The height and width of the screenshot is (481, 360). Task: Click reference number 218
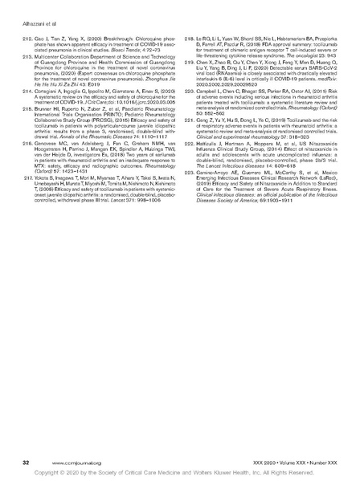189,37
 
